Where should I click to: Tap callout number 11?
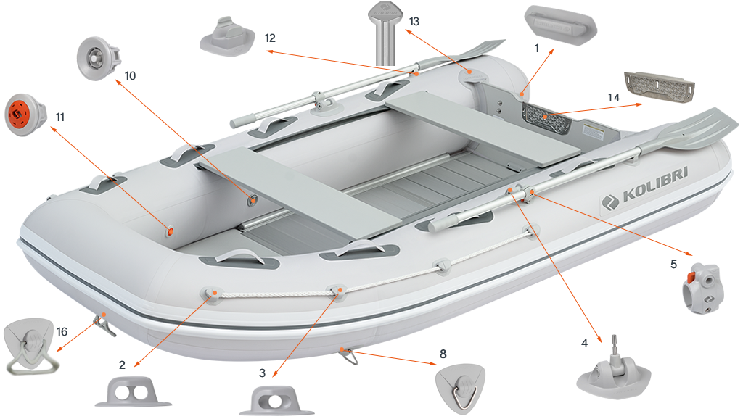coord(59,117)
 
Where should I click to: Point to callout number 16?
coord(62,332)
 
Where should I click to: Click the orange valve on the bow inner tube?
coord(171,231)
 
